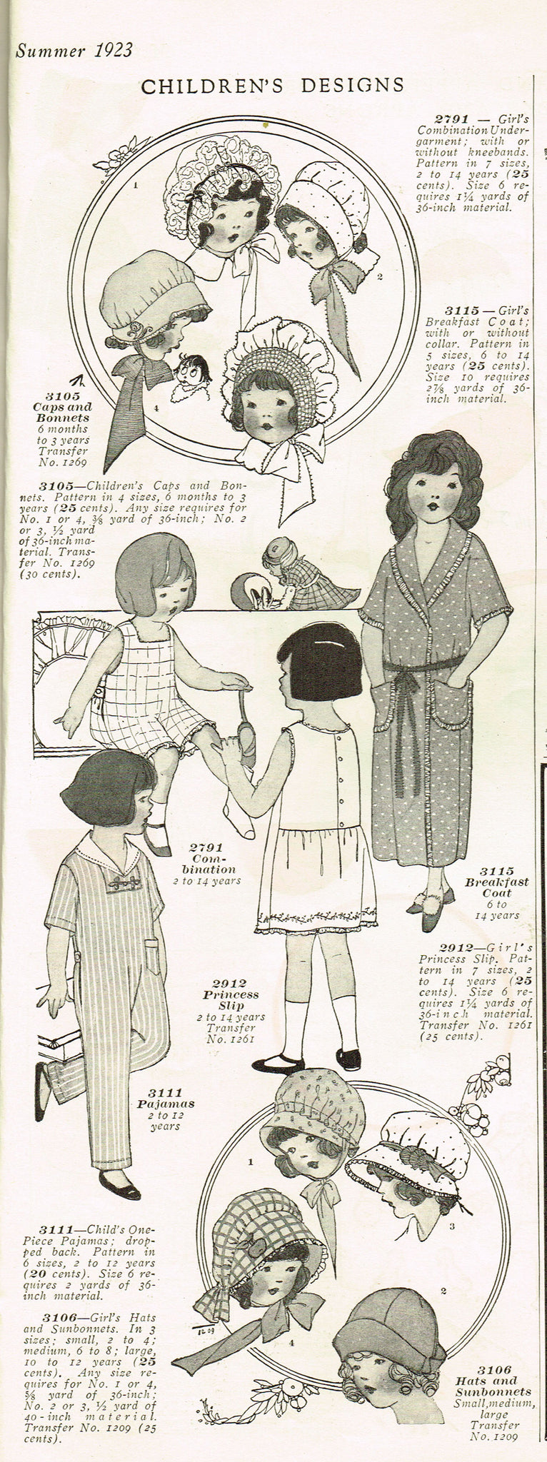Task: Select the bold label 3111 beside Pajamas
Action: [x=165, y=1093]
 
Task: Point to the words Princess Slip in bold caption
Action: [x=230, y=1000]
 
